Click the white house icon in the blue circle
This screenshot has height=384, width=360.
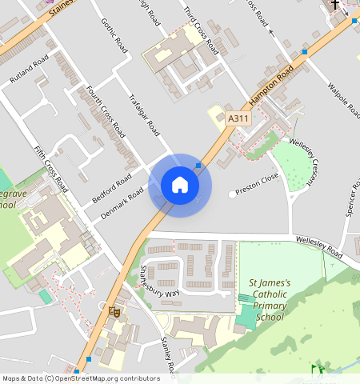pos(180,185)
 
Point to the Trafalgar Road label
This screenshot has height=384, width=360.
pos(145,115)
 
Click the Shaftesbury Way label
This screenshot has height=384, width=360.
pos(161,281)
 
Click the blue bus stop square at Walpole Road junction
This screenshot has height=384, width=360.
pos(305,52)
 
